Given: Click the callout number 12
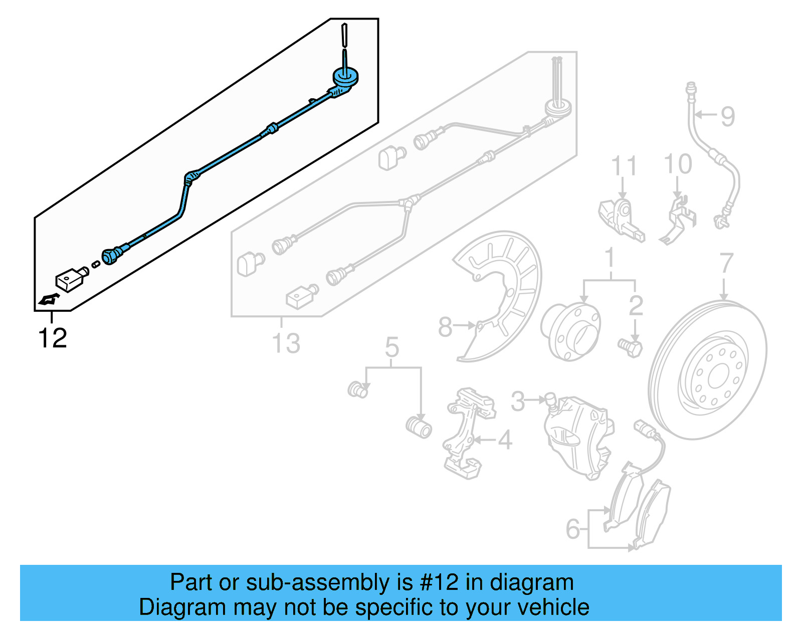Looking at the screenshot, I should click(52, 338).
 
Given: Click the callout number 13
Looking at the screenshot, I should click(286, 344).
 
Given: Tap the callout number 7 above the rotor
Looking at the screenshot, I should click(726, 264).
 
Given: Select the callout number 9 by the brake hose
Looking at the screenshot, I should click(728, 116).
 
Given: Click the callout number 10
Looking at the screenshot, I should click(678, 164).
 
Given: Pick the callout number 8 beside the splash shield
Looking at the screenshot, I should click(445, 327).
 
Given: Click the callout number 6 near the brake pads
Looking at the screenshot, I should click(572, 529).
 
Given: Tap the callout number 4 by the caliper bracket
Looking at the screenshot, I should click(505, 441).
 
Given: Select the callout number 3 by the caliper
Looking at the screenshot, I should click(518, 401).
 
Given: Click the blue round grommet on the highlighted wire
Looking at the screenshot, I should click(345, 77).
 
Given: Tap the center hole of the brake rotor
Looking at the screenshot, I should click(718, 375).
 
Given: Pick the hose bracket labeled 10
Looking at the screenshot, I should click(680, 221).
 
